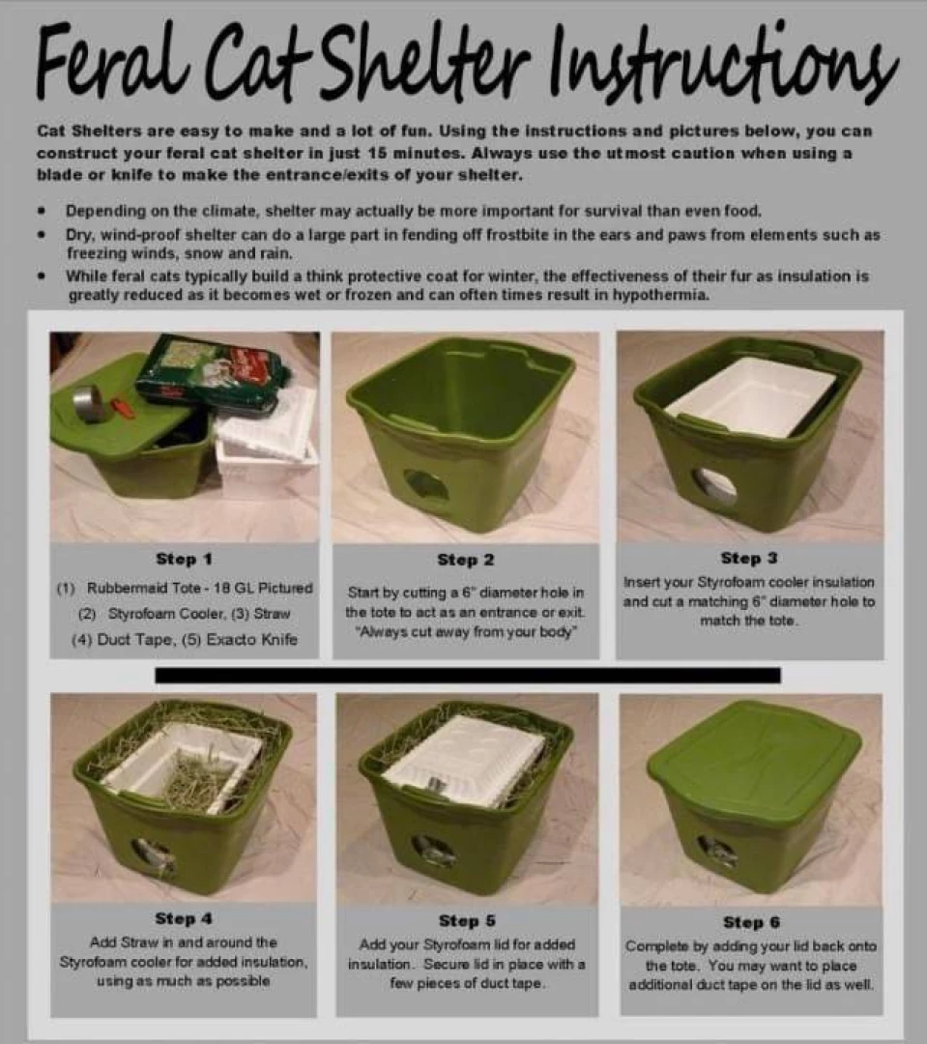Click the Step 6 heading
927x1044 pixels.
pyautogui.click(x=750, y=922)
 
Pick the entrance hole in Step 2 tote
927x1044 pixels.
pyautogui.click(x=425, y=484)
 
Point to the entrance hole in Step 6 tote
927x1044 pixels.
pyautogui.click(x=718, y=851)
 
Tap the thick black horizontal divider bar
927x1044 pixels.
pyautogui.click(x=467, y=674)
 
